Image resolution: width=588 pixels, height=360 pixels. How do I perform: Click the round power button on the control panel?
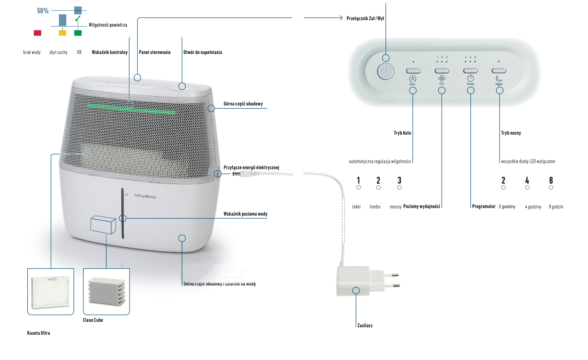pyautogui.click(x=385, y=71)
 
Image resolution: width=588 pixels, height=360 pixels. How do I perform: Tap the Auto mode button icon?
pyautogui.click(x=412, y=79)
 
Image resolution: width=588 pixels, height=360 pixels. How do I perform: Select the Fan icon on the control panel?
pyautogui.click(x=442, y=78)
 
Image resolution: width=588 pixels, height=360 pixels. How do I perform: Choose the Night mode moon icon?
pyautogui.click(x=499, y=78)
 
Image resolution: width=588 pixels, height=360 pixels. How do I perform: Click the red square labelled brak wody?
pyautogui.click(x=37, y=33)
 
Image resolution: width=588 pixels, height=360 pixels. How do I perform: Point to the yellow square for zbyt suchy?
pyautogui.click(x=63, y=33)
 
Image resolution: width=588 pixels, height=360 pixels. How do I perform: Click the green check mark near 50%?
pyautogui.click(x=78, y=18)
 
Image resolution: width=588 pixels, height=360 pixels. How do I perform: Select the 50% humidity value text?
pyautogui.click(x=42, y=11)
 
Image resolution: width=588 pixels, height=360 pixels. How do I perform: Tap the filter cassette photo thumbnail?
pyautogui.click(x=51, y=292)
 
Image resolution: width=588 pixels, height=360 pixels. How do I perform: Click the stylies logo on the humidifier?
pyautogui.click(x=145, y=196)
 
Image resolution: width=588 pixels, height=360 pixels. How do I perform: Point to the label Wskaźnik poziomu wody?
pyautogui.click(x=245, y=214)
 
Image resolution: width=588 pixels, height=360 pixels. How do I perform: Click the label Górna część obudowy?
pyautogui.click(x=243, y=104)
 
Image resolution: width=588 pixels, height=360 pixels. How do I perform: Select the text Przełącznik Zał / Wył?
pyautogui.click(x=365, y=18)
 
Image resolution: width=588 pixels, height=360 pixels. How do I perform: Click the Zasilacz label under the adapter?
pyautogui.click(x=365, y=325)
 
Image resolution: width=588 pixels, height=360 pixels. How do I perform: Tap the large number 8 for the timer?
pyautogui.click(x=551, y=180)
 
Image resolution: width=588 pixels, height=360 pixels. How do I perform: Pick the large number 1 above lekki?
pyautogui.click(x=358, y=180)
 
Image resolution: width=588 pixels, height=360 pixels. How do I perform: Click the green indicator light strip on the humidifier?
pyautogui.click(x=131, y=109)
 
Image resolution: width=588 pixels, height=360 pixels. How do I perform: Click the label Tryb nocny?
pyautogui.click(x=511, y=133)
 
